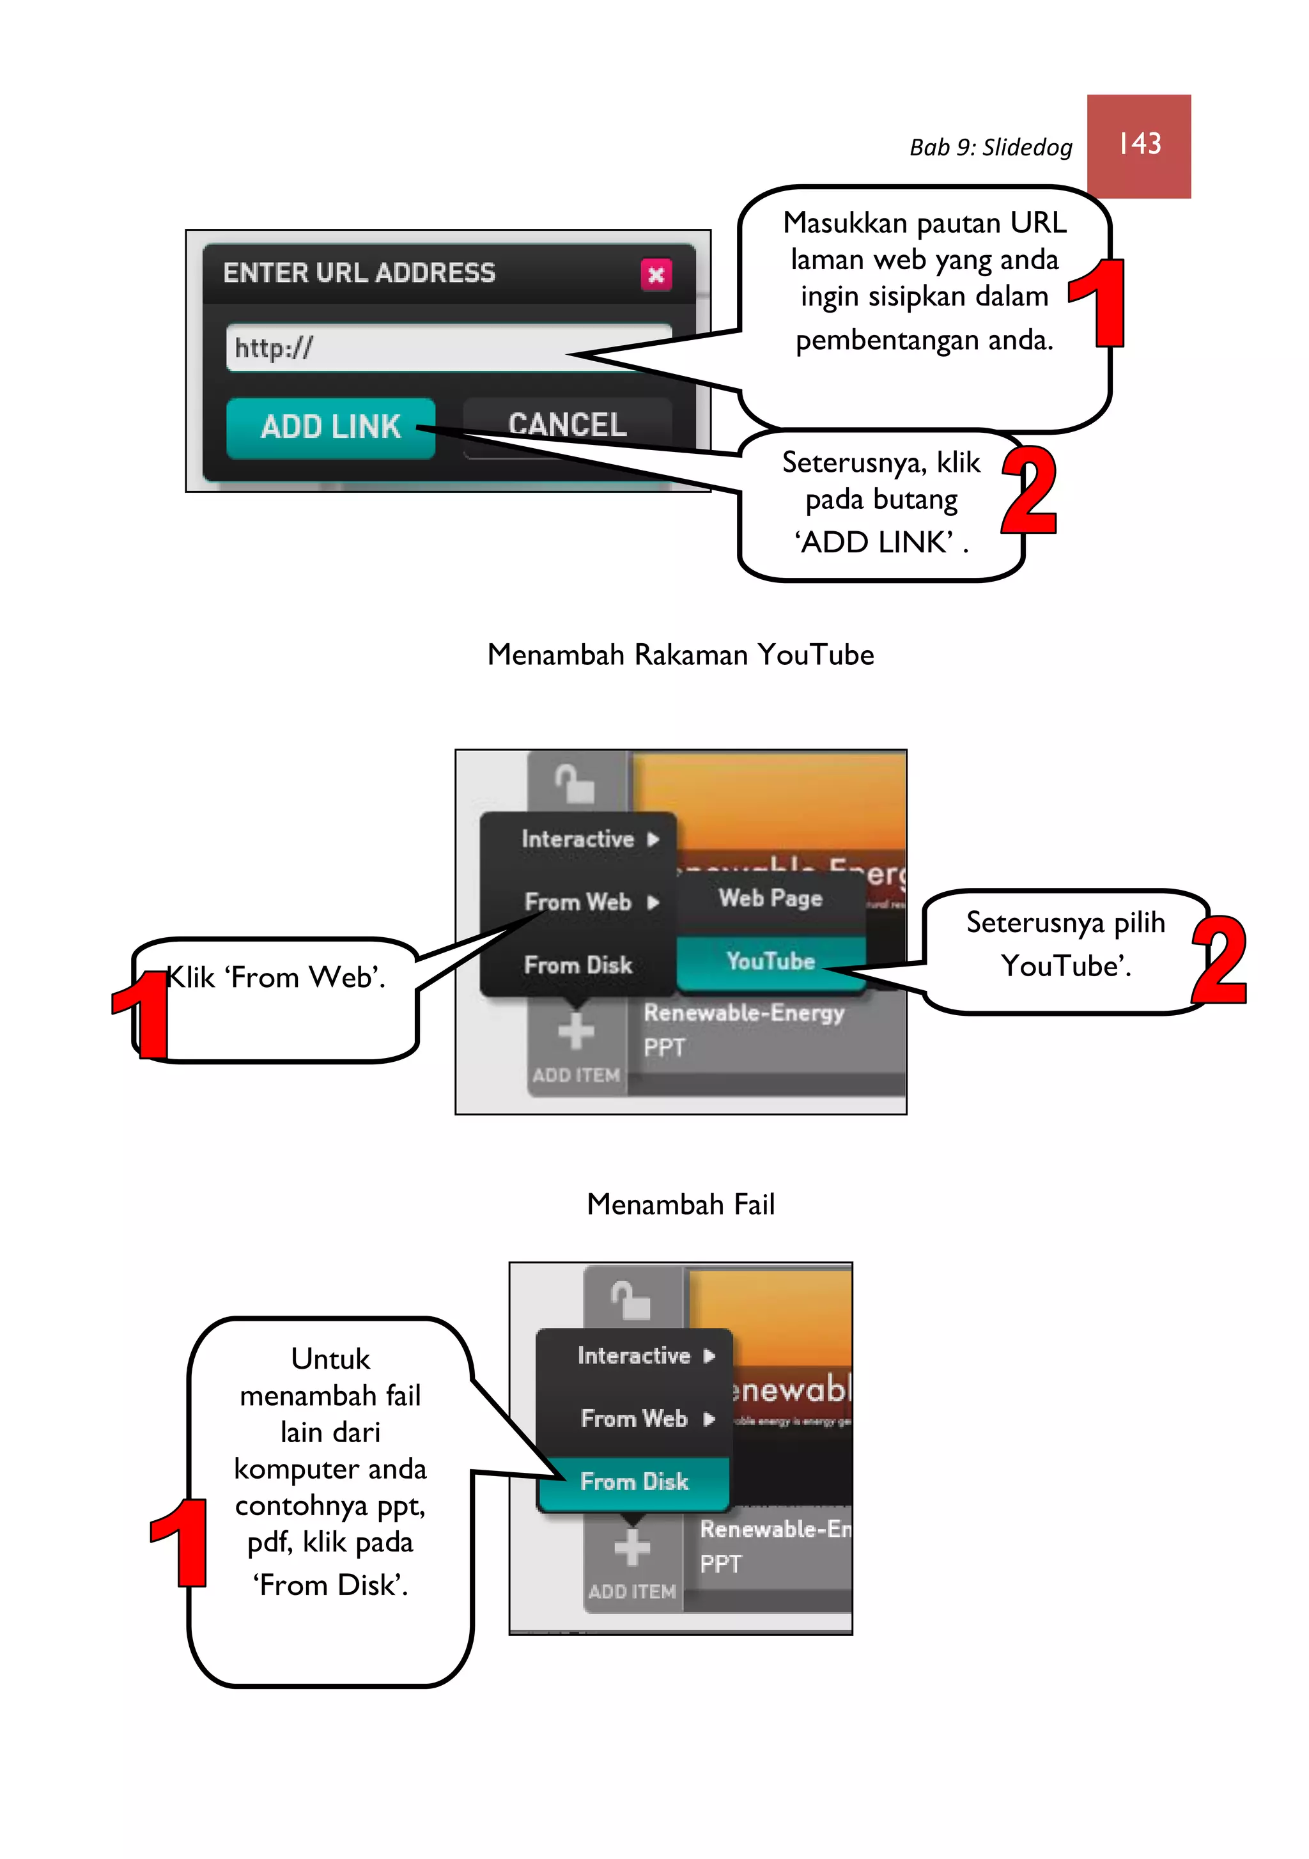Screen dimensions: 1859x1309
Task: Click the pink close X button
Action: click(x=655, y=274)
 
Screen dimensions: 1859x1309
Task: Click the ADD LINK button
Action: click(x=330, y=426)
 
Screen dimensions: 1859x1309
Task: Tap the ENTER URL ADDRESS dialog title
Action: click(x=359, y=273)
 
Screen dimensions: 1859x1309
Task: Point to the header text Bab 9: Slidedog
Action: click(x=990, y=148)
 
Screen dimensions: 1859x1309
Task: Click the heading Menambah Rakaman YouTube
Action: click(x=680, y=654)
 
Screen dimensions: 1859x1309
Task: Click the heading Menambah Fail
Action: click(x=680, y=1204)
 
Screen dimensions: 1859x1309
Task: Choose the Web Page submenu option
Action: click(x=770, y=898)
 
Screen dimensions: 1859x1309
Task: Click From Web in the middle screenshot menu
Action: click(x=577, y=901)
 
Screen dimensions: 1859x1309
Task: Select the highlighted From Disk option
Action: click(x=634, y=1482)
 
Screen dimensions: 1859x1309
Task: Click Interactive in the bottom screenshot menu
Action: click(x=634, y=1355)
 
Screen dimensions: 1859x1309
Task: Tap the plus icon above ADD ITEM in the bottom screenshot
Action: click(x=632, y=1548)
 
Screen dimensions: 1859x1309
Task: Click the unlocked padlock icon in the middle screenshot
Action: click(x=574, y=783)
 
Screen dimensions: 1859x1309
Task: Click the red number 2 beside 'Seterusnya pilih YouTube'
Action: click(x=1219, y=960)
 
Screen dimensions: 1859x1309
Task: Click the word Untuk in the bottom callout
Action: click(x=330, y=1358)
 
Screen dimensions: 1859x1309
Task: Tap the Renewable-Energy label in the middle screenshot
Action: click(x=743, y=1012)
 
